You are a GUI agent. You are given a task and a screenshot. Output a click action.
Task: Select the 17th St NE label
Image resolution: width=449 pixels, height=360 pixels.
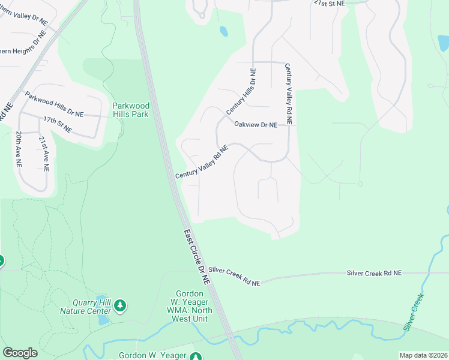tap(57, 125)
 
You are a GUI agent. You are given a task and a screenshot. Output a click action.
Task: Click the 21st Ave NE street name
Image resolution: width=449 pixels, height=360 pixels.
tap(43, 154)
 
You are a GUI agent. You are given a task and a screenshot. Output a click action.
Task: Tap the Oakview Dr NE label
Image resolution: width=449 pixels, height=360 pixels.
tap(256, 125)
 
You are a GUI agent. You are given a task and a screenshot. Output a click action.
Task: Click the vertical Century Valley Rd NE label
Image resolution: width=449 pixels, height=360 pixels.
tap(289, 94)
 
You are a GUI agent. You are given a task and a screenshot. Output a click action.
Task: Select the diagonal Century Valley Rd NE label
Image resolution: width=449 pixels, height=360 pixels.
tap(202, 162)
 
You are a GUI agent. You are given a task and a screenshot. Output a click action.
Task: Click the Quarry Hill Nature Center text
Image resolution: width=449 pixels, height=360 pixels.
tap(85, 307)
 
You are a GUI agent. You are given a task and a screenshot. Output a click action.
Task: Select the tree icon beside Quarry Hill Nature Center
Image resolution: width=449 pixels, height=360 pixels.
tap(121, 307)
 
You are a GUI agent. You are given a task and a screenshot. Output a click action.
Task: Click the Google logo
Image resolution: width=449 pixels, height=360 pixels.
tap(20, 353)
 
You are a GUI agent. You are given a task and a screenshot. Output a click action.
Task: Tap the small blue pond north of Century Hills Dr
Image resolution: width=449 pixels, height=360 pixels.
tap(224, 31)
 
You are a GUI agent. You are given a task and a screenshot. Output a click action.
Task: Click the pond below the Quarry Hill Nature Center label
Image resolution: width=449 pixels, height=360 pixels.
tap(103, 320)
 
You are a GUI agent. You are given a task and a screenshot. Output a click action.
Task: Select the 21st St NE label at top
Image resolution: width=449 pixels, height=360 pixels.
tap(330, 3)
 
